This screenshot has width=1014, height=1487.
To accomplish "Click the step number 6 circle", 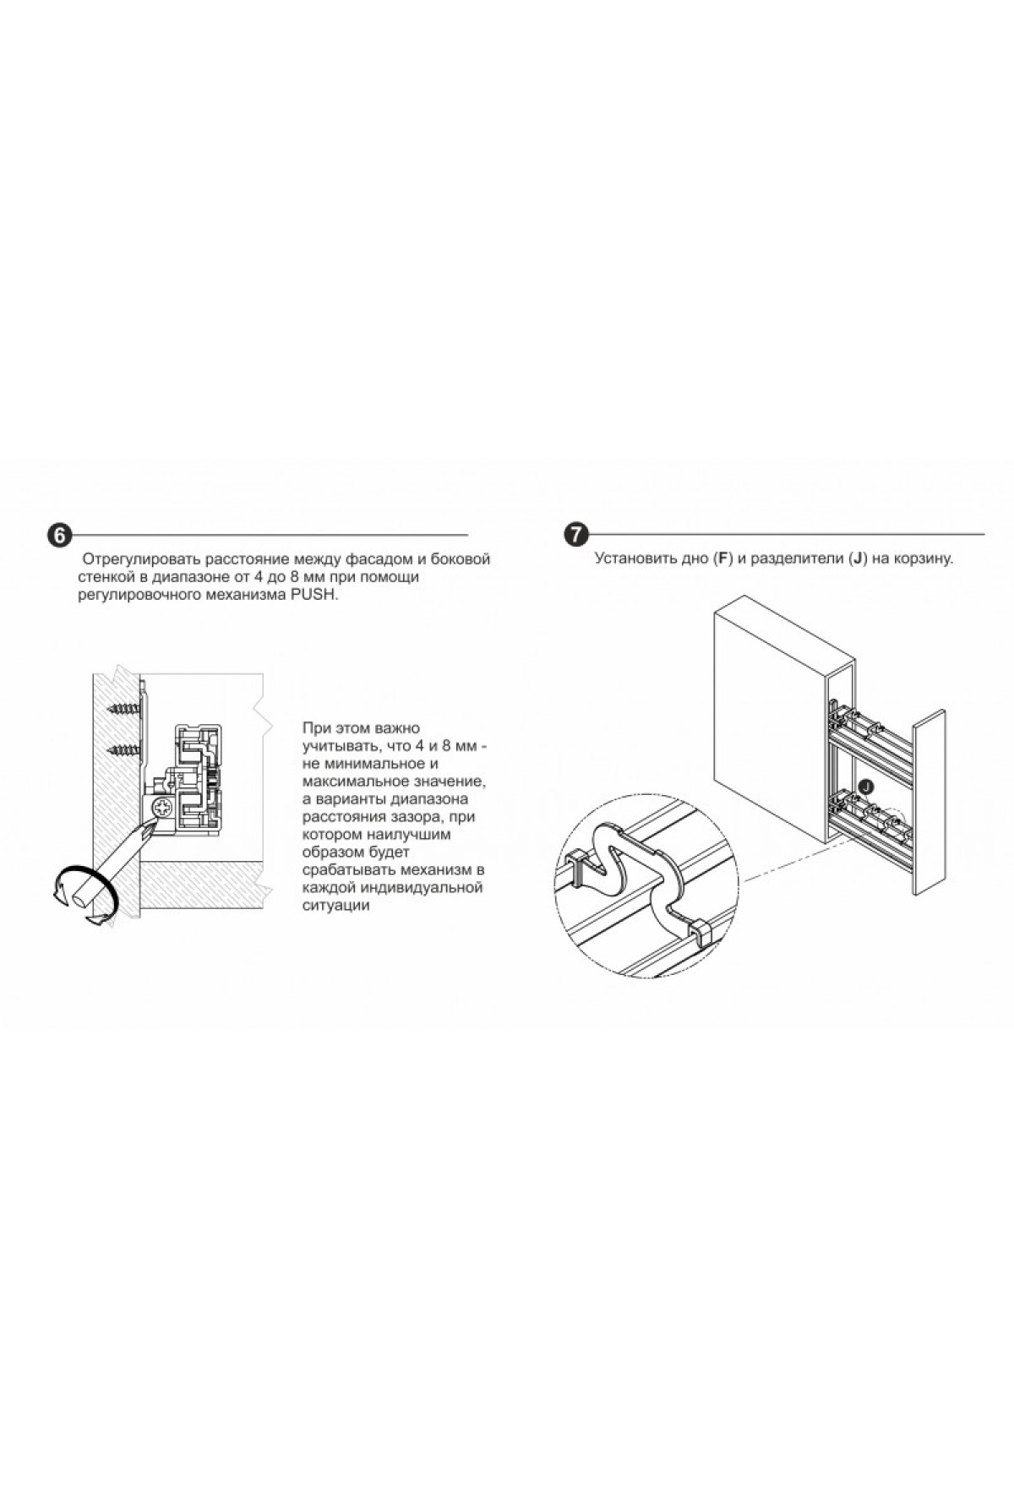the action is [58, 536].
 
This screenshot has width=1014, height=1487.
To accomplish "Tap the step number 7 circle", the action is [575, 535].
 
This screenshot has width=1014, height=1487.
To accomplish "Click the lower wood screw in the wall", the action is [124, 749].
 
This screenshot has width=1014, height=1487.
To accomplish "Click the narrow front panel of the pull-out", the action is [929, 799].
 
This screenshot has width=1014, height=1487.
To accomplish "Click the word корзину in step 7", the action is [926, 559].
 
